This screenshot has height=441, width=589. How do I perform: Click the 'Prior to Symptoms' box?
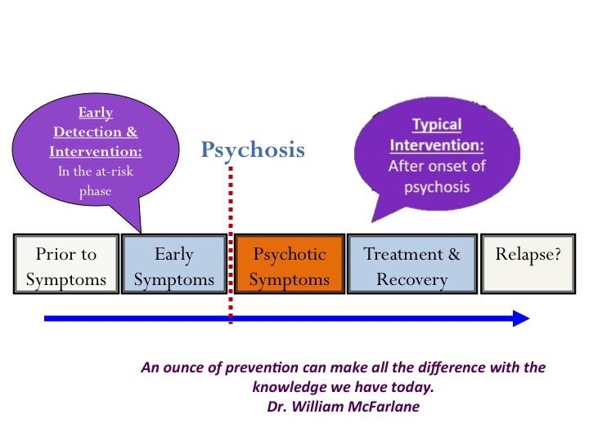66,265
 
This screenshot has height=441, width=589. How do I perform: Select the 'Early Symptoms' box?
173,265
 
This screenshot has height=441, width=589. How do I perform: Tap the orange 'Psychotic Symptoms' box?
289,265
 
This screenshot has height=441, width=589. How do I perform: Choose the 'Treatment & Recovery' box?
411,265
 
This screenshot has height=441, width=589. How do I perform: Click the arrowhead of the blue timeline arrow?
521,318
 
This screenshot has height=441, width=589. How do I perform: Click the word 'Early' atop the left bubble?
95,114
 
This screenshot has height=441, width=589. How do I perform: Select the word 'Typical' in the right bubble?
436,126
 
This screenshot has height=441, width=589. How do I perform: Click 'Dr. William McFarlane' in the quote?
343,406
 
